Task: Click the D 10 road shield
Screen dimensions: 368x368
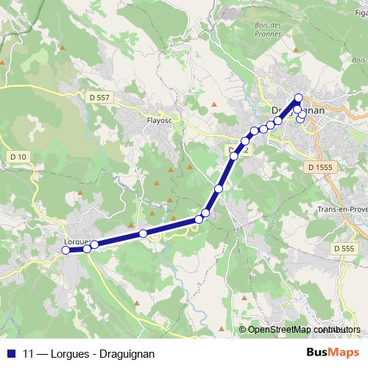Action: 18,157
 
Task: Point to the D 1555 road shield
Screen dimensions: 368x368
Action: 321,168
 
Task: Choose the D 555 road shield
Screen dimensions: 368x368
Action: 343,249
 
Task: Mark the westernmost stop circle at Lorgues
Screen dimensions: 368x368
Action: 66,250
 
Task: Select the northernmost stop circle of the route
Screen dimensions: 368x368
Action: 298,98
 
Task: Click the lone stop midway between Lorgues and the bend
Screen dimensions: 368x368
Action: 144,233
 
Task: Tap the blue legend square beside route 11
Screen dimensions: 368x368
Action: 10,353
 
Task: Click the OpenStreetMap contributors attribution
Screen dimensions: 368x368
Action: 300,330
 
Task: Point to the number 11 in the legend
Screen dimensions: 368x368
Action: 29,353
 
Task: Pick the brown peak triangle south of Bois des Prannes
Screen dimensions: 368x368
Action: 213,104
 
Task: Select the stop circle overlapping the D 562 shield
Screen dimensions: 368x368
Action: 234,156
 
